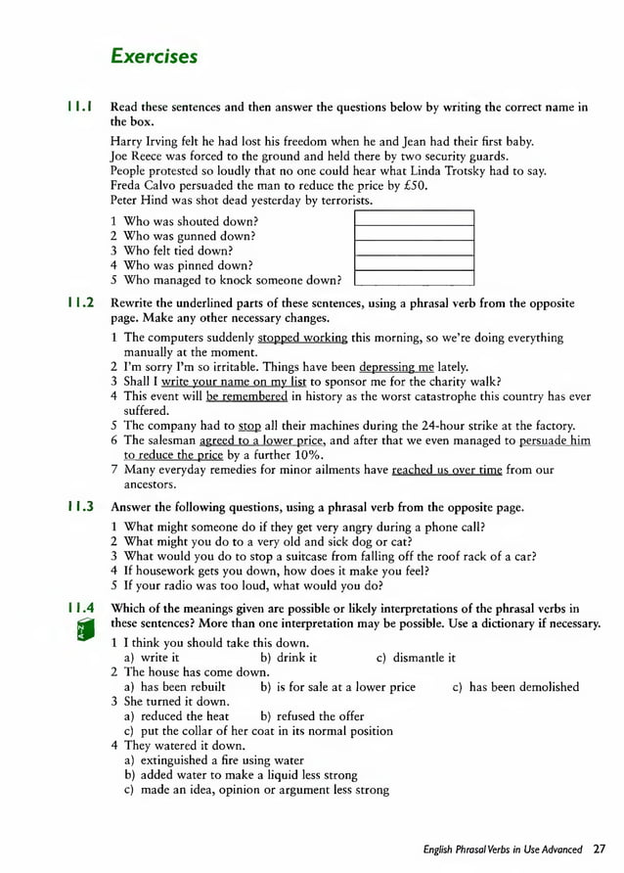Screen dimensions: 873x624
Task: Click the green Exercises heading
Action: pyautogui.click(x=154, y=57)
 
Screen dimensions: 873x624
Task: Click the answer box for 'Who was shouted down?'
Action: pyautogui.click(x=413, y=218)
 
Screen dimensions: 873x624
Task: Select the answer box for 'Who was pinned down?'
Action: pyautogui.click(x=413, y=264)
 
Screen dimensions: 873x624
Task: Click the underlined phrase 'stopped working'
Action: pyautogui.click(x=302, y=338)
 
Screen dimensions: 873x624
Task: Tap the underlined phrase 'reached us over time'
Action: pyautogui.click(x=446, y=470)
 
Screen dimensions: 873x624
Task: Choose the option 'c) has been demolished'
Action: pyautogui.click(x=515, y=687)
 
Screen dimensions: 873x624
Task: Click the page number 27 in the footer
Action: pyautogui.click(x=601, y=850)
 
